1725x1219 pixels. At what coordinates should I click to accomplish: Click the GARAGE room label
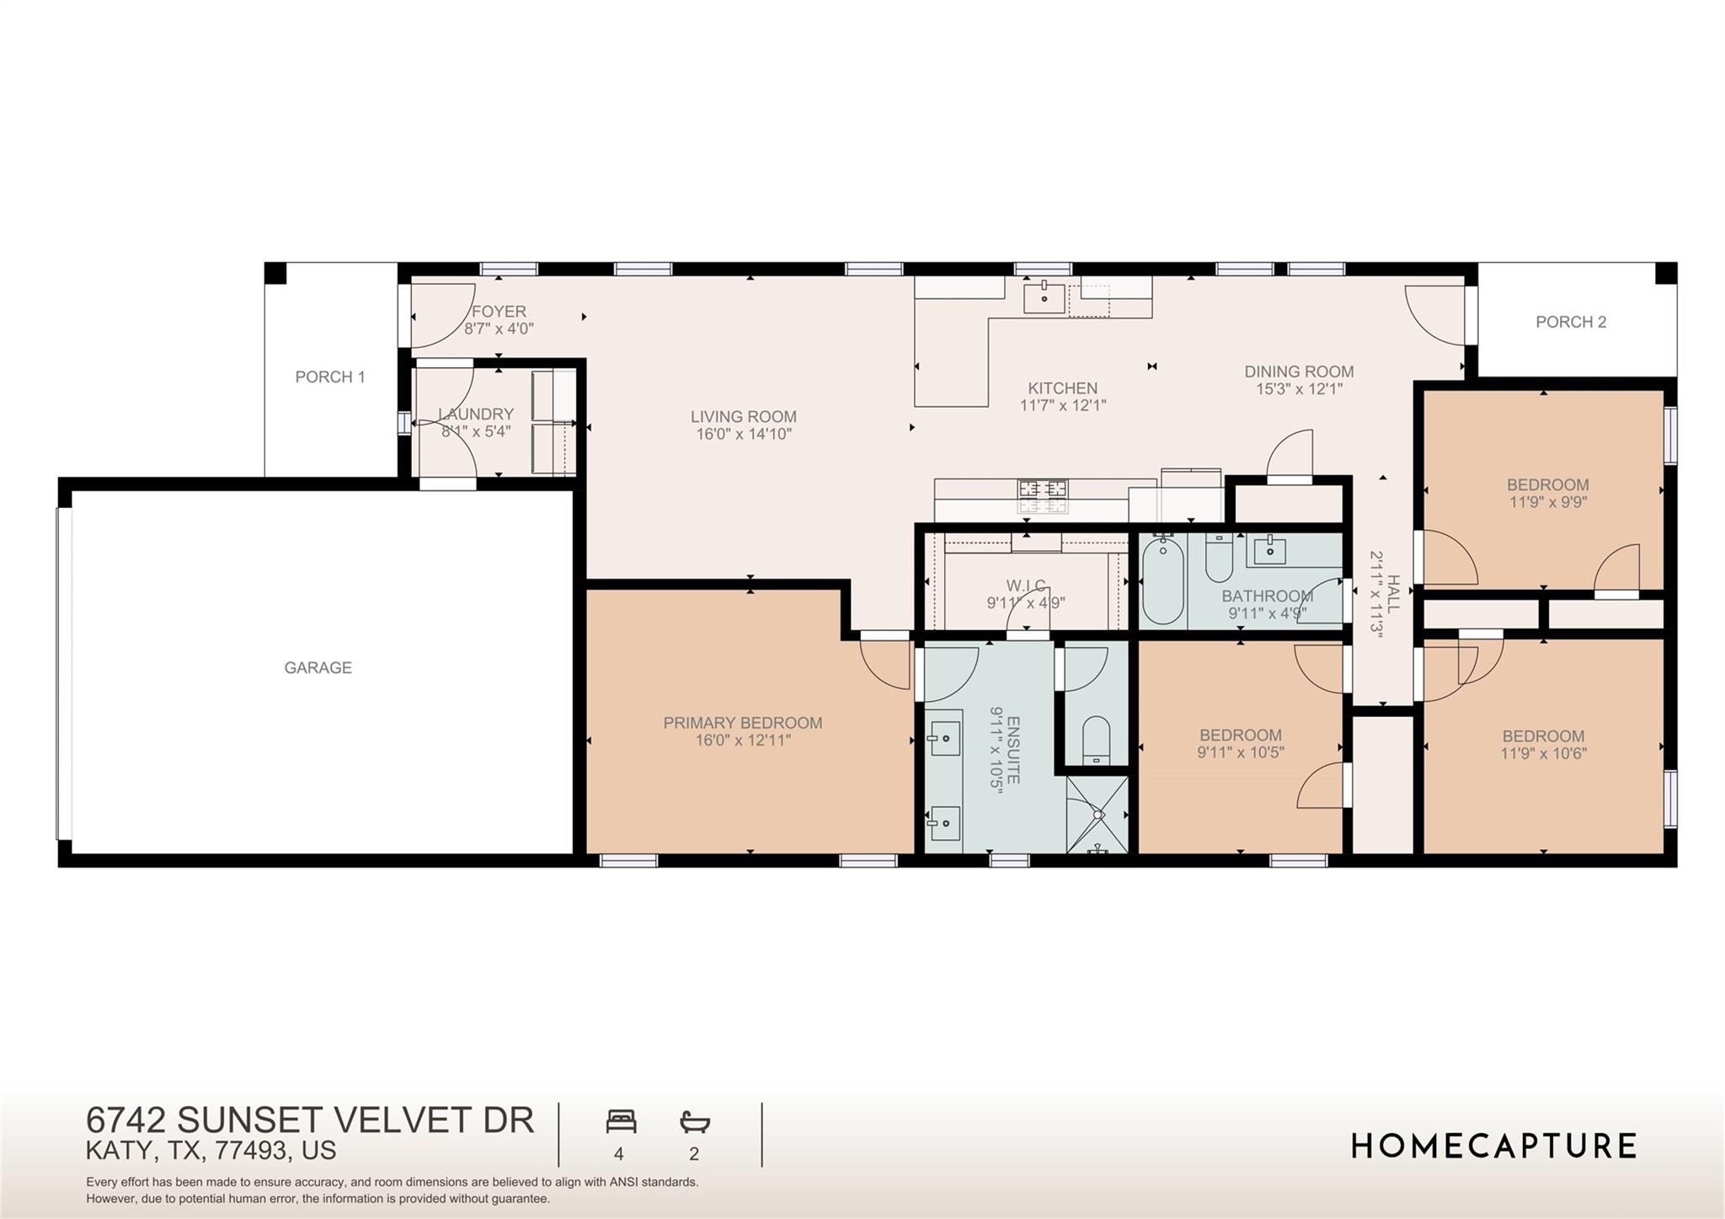(318, 668)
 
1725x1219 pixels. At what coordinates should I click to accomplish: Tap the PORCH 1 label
(330, 377)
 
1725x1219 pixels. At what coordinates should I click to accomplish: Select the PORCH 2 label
(1571, 322)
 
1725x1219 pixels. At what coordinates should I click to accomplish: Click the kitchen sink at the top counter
(1044, 298)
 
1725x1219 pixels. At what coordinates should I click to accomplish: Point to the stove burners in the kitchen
(1043, 496)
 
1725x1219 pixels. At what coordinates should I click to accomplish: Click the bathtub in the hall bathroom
(1163, 581)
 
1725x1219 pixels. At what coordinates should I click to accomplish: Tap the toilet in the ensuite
(1096, 740)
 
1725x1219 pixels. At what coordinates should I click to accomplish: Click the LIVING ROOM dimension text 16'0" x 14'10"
(743, 435)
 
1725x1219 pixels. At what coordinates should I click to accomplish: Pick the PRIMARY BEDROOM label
(742, 723)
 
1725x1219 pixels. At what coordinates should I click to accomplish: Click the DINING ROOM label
(1299, 372)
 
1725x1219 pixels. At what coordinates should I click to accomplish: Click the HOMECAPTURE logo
(1493, 1147)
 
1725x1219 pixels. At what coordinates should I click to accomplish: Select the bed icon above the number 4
(621, 1122)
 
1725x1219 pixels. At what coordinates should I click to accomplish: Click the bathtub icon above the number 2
(695, 1122)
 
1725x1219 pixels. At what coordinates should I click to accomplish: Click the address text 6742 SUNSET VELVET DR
(310, 1120)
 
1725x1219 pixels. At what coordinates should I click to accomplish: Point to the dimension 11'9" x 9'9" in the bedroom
(1547, 502)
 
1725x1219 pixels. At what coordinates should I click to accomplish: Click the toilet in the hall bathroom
(1219, 558)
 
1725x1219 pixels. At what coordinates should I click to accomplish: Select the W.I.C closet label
(1026, 585)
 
